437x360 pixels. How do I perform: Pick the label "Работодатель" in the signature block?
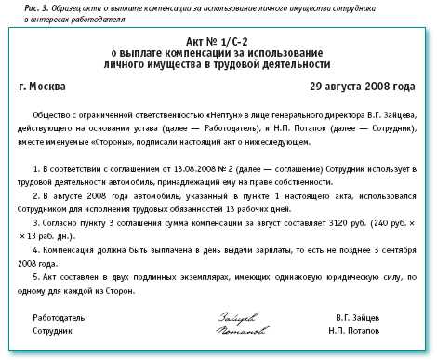pyautogui.click(x=60, y=316)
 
